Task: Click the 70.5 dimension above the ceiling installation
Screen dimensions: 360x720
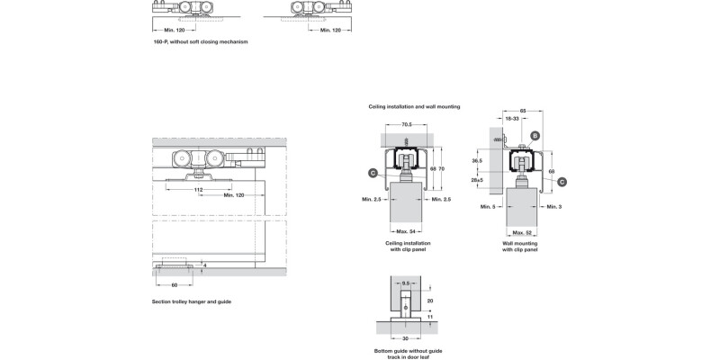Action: pos(407,124)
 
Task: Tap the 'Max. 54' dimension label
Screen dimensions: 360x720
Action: pos(407,232)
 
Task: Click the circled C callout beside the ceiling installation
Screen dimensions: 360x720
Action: pos(373,172)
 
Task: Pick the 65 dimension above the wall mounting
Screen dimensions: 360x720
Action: pos(523,110)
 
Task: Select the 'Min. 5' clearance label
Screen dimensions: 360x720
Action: pos(488,207)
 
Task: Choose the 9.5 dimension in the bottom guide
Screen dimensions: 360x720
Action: pos(407,283)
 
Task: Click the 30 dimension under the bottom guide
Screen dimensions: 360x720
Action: pos(407,338)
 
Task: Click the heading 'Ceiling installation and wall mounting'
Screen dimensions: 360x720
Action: pos(414,106)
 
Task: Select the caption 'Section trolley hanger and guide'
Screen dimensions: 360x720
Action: pos(192,301)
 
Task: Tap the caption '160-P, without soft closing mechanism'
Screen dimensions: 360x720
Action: pos(200,41)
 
